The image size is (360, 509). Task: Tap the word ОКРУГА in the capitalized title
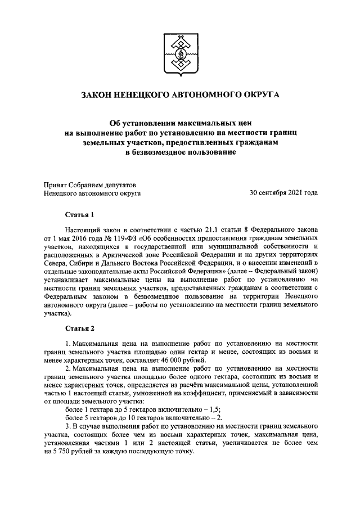259,96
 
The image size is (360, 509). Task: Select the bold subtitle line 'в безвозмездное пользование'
180,153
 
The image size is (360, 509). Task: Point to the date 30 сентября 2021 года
283,193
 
